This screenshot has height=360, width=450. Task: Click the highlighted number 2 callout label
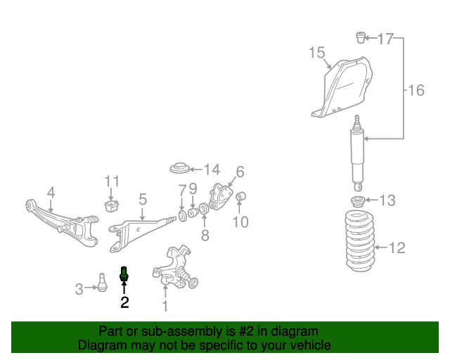click(x=124, y=302)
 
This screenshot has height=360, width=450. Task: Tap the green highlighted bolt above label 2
click(x=124, y=274)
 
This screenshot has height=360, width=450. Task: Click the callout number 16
click(x=416, y=90)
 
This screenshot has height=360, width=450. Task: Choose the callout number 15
click(x=316, y=53)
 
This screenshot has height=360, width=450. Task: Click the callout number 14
click(x=212, y=169)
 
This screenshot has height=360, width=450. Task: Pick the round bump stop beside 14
click(x=181, y=169)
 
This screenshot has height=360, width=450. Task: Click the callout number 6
click(x=240, y=172)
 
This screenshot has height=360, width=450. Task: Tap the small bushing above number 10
click(x=240, y=195)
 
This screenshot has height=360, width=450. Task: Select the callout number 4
click(x=51, y=192)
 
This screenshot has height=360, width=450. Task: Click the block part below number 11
click(x=110, y=205)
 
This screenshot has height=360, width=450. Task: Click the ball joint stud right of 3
click(x=102, y=281)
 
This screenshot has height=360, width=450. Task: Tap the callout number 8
click(x=205, y=236)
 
